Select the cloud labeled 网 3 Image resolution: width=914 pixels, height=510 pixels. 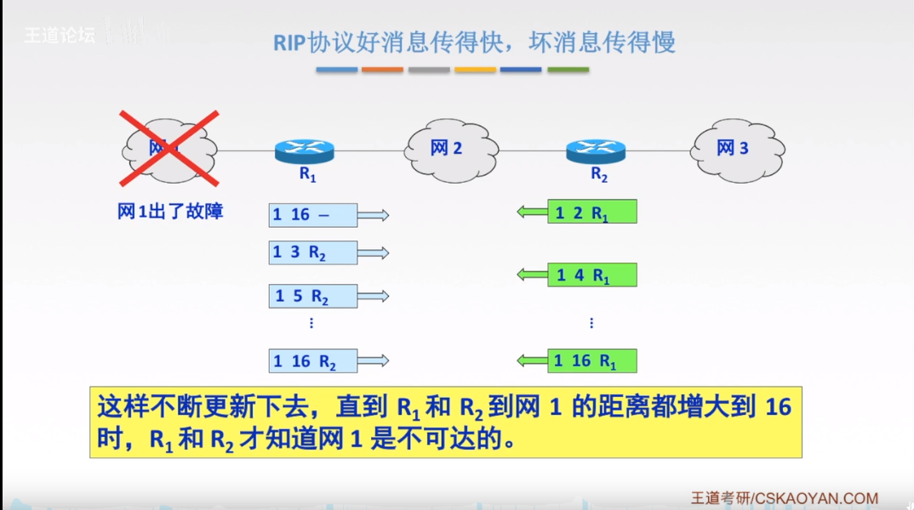[x=736, y=148]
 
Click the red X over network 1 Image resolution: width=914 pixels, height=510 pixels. [x=169, y=148]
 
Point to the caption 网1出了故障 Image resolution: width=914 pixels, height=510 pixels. [x=170, y=212]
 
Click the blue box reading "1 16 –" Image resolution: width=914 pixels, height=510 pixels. [x=312, y=215]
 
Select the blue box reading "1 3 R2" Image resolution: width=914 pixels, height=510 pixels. [x=312, y=252]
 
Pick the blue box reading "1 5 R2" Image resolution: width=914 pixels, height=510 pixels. [x=312, y=296]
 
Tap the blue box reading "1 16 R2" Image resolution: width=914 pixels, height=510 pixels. [x=312, y=361]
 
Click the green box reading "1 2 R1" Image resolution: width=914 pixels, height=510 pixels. [x=592, y=212]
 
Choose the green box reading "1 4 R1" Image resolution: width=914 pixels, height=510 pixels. [x=592, y=275]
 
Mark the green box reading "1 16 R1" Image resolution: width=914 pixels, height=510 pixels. [x=592, y=361]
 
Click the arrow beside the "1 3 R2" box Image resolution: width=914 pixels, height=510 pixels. [x=374, y=252]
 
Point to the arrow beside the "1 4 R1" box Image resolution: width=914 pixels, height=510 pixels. [x=533, y=274]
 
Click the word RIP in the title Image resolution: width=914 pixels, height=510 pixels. [x=288, y=42]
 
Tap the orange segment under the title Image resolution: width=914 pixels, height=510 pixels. [x=382, y=70]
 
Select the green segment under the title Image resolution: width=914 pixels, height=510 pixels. [x=568, y=70]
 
